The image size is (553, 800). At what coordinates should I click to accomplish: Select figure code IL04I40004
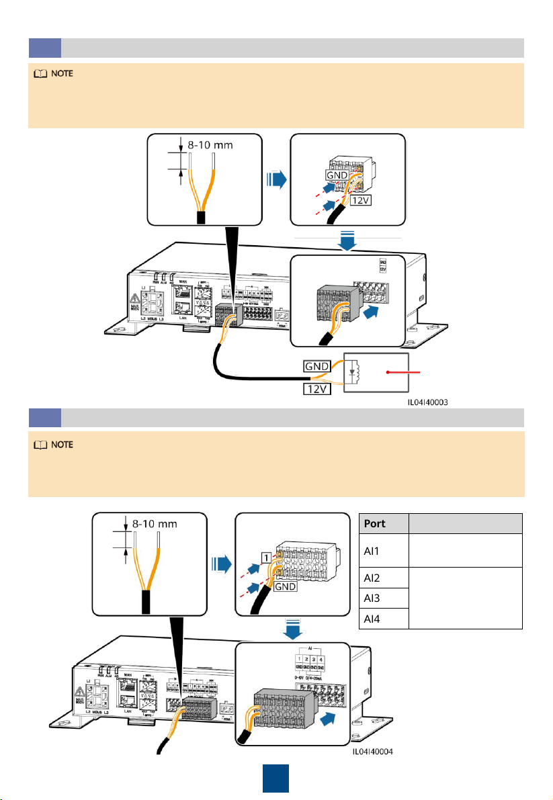point(369,771)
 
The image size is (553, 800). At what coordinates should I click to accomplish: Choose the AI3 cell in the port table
point(371,598)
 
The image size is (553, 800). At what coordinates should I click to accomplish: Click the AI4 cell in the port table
point(371,619)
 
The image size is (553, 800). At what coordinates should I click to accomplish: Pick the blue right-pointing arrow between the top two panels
point(275,180)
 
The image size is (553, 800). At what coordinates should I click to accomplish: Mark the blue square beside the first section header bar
point(44,48)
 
